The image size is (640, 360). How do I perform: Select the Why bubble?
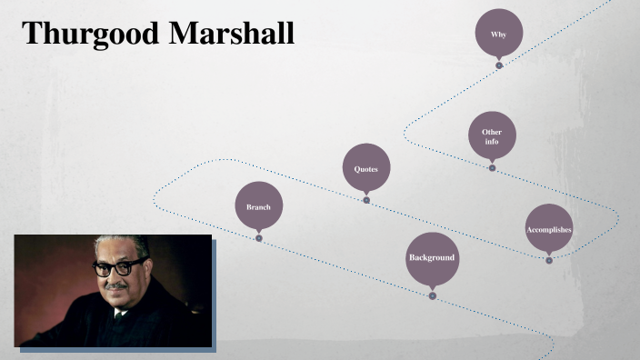(499, 33)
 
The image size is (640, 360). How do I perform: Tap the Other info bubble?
(492, 135)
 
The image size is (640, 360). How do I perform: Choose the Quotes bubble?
(365, 169)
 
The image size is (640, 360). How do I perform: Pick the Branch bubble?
(258, 206)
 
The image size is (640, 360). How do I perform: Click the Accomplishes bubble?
(549, 229)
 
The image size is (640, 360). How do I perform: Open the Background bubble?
(432, 258)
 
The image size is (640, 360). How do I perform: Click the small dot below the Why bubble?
(499, 65)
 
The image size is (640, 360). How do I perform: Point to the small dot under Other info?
(492, 168)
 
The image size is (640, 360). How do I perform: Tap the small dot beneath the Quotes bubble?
(366, 200)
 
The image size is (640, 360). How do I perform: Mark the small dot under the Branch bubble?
(259, 238)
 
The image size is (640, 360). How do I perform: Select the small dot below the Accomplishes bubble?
(549, 261)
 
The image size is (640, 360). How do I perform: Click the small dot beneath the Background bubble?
(433, 295)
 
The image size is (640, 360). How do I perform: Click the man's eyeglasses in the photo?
(117, 266)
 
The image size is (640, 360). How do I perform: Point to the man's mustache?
(115, 285)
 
